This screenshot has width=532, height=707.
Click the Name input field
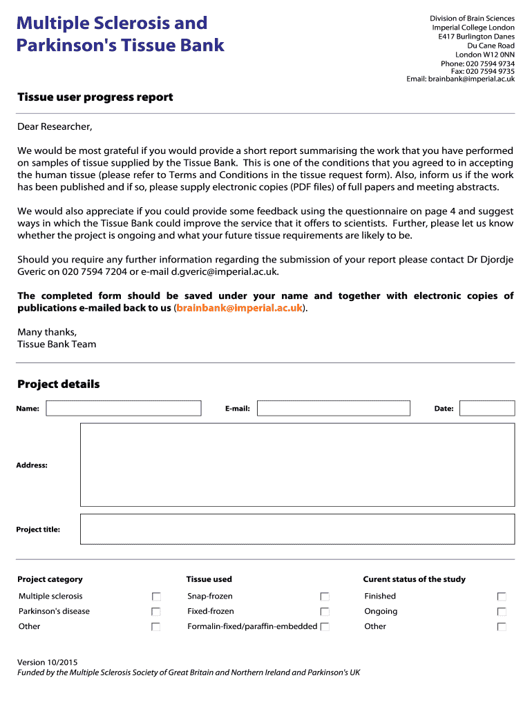point(124,408)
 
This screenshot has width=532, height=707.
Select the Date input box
point(487,408)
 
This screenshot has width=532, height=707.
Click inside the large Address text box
point(298,465)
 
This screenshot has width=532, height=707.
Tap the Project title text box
point(298,529)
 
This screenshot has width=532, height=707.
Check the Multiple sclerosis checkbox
point(156,597)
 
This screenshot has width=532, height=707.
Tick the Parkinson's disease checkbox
point(156,612)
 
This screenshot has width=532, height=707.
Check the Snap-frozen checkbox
point(325,597)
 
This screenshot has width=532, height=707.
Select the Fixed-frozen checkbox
point(325,612)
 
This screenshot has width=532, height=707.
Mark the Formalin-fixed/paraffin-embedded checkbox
point(325,627)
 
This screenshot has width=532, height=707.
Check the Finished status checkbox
point(502,597)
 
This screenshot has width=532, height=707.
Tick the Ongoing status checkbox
point(502,612)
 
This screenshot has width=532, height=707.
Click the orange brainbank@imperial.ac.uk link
point(240,308)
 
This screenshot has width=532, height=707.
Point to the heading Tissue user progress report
point(95,97)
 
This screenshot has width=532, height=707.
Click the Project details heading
point(59,385)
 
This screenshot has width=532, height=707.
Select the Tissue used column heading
point(209,579)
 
